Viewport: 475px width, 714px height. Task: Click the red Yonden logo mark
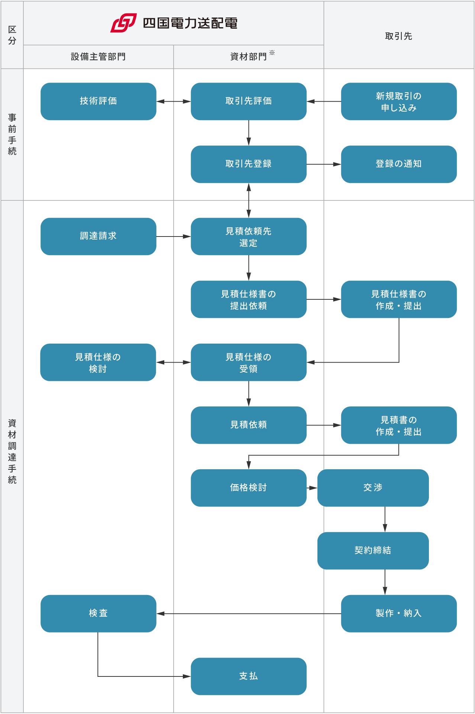[x=123, y=23]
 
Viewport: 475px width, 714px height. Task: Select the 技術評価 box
[x=98, y=101]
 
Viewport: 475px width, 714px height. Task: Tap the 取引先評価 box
[x=249, y=101]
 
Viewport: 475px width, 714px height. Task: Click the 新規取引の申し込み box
[x=399, y=101]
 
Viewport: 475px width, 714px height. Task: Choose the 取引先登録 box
[x=249, y=164]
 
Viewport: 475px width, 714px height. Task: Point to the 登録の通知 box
[x=399, y=164]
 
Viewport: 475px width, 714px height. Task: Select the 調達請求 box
[x=98, y=236]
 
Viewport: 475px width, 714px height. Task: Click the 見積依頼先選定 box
[x=249, y=236]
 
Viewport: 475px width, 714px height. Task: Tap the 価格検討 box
[x=249, y=488]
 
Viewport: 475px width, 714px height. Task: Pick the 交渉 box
[x=373, y=488]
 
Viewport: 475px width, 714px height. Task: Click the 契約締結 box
[x=373, y=550]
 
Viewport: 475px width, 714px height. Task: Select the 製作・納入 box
[x=399, y=613]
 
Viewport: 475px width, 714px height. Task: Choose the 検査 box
[x=98, y=613]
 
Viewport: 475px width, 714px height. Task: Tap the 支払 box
[x=249, y=676]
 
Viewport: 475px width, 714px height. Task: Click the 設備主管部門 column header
[x=98, y=57]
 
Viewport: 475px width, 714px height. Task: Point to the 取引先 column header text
[x=398, y=36]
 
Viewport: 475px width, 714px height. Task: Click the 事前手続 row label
[x=12, y=134]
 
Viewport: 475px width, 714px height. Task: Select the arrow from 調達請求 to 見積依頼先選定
[x=173, y=236]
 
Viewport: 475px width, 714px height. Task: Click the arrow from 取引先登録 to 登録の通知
[x=323, y=164]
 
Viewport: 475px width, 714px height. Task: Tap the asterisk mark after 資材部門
[x=272, y=53]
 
